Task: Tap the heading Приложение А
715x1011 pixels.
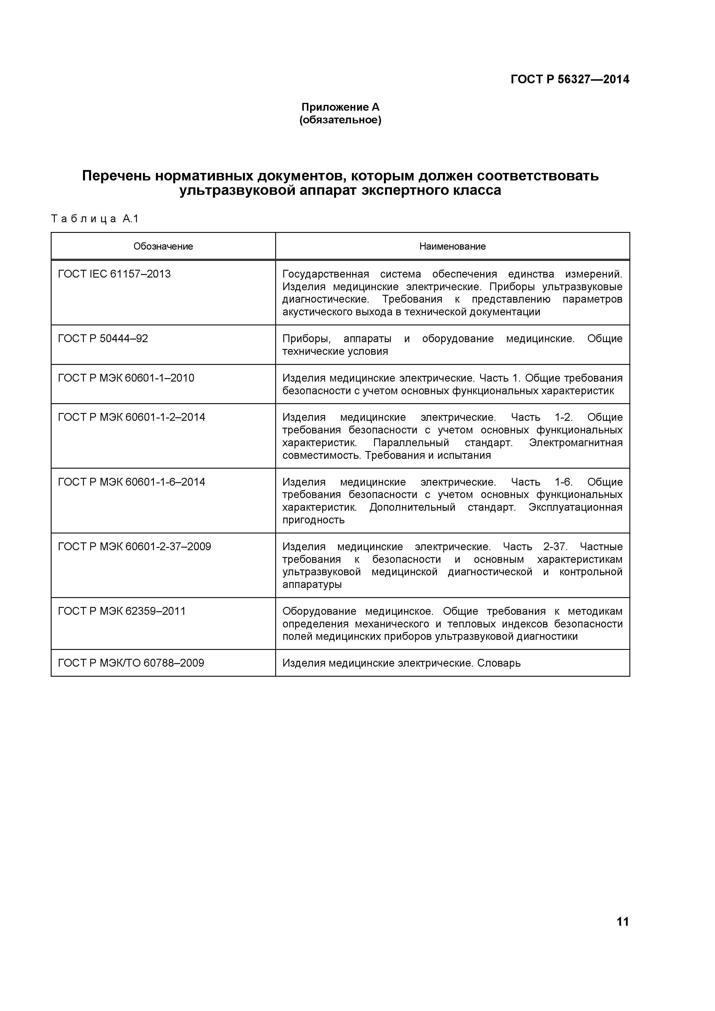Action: [340, 107]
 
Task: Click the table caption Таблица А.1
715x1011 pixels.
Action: [95, 219]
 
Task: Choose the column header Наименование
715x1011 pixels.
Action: [452, 246]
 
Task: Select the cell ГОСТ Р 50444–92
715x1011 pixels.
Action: [103, 339]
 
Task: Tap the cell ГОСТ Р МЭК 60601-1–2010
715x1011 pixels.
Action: [126, 378]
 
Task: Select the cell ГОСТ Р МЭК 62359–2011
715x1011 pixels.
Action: [122, 611]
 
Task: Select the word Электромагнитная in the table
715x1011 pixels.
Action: [576, 443]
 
